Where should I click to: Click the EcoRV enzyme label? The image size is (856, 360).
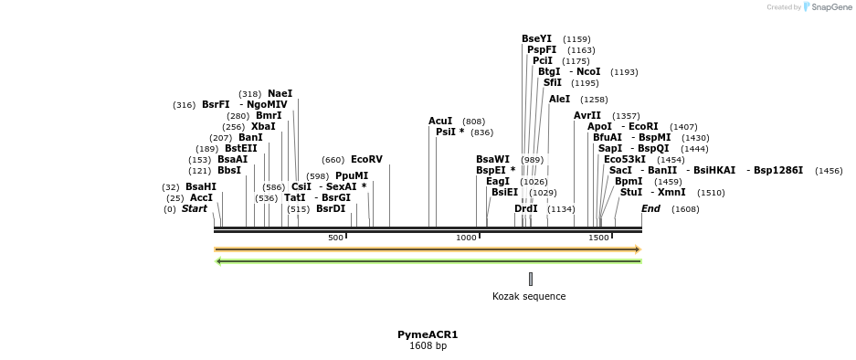tap(366, 159)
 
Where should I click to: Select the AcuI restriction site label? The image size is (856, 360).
tap(440, 121)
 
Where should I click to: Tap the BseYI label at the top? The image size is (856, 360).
tap(536, 38)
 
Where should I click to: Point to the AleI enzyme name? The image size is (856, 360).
tap(559, 99)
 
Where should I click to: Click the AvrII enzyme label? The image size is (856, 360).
tap(587, 115)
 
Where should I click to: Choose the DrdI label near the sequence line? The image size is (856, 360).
tap(525, 208)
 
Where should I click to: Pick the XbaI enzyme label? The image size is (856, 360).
tap(263, 126)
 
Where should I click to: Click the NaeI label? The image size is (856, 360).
tap(280, 93)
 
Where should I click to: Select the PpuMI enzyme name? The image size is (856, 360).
tap(352, 175)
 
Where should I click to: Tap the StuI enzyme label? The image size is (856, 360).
tap(631, 192)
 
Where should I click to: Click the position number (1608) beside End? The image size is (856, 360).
tap(685, 209)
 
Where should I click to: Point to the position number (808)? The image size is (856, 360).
tap(473, 122)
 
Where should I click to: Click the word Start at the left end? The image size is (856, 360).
tap(195, 208)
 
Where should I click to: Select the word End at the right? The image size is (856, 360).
tap(650, 208)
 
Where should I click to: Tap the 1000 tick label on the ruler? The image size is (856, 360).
tap(467, 238)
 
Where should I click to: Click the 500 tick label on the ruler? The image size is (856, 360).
tap(335, 238)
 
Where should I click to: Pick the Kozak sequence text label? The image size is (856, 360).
tap(529, 296)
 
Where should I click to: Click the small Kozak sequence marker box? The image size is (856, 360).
tap(530, 279)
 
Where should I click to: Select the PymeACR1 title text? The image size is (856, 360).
tap(428, 334)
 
